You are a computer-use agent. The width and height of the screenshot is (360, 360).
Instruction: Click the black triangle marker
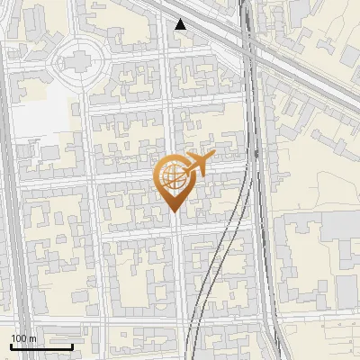tap(181, 24)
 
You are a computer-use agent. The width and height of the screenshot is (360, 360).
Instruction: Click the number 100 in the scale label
tap(19, 338)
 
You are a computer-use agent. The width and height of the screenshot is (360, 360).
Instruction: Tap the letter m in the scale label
tap(32, 338)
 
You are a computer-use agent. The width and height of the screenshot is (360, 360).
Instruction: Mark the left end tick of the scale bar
tap(12, 346)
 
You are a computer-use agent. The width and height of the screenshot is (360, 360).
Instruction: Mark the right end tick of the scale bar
tap(72, 346)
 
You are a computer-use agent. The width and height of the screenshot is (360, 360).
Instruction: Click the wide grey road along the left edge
tap(8, 180)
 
